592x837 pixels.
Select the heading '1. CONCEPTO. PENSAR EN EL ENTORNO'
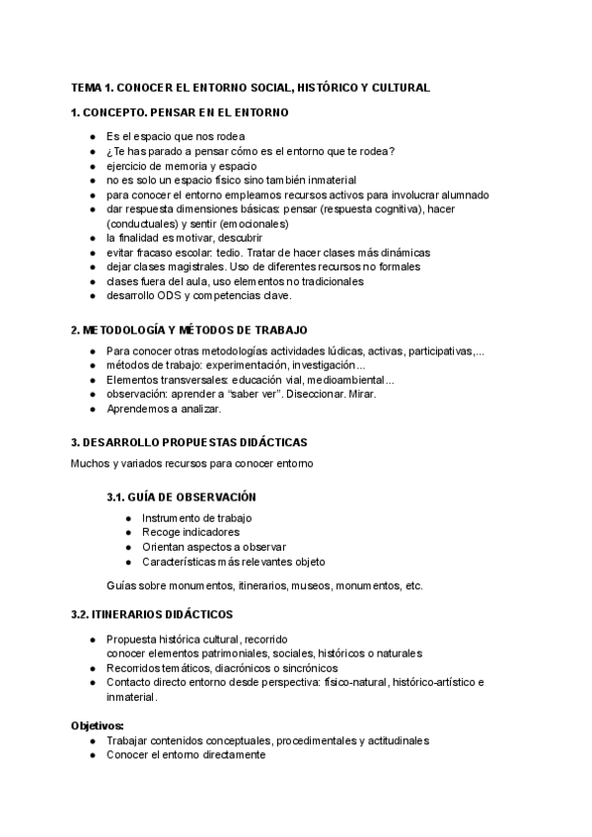coord(180,113)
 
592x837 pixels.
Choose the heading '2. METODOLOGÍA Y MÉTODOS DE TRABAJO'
coord(189,328)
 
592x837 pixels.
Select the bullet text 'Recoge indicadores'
coord(190,532)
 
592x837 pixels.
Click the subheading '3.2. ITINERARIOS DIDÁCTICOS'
coord(152,614)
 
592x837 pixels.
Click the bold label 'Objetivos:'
coord(97,725)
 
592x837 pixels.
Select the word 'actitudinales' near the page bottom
coord(396,740)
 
